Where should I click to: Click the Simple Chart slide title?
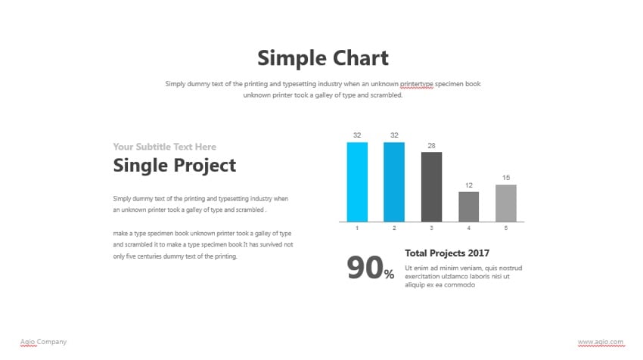point(322,58)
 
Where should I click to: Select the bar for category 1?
point(357,182)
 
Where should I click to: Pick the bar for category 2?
point(394,182)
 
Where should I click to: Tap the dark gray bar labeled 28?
point(431,187)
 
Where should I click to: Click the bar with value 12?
point(468,206)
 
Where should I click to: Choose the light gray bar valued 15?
point(506,203)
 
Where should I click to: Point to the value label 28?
point(431,145)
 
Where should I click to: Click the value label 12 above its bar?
point(468,185)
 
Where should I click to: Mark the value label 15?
point(506,178)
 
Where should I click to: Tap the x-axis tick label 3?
point(431,228)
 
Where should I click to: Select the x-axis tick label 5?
point(506,228)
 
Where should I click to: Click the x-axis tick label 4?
point(468,228)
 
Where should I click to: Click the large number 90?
point(365,268)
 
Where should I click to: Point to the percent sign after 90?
point(389,275)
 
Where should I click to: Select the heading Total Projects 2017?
point(447,253)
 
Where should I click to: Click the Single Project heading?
point(174,166)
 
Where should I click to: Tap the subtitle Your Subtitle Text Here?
point(164,147)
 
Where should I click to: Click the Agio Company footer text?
point(43,342)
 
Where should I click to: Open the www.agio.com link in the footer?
point(601,342)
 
